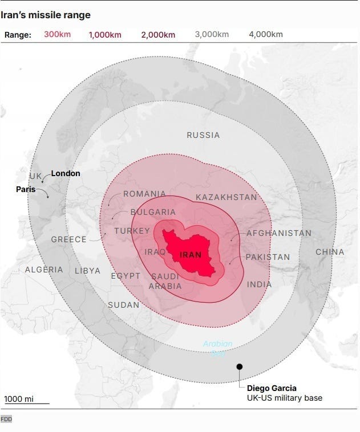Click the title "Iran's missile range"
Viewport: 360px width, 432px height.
point(45,15)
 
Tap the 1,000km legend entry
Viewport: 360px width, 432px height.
point(105,35)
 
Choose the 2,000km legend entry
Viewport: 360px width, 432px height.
point(158,35)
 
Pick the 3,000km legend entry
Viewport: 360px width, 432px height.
point(212,35)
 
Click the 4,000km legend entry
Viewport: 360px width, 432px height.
point(265,35)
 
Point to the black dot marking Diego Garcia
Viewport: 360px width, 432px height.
point(240,367)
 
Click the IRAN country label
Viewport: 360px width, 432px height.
point(191,255)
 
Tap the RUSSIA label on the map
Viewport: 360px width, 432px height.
point(203,135)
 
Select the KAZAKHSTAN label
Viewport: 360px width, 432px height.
point(226,197)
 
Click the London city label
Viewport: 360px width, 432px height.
point(66,173)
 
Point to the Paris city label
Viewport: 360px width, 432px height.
point(26,189)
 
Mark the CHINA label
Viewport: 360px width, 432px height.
point(330,252)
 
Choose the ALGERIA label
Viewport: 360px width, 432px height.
point(44,270)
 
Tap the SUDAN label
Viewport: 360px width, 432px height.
point(123,305)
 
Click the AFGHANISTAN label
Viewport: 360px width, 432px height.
point(278,233)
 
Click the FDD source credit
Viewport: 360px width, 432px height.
point(6,419)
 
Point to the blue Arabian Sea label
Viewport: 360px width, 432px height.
point(218,348)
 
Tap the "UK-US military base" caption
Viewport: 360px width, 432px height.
point(284,398)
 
